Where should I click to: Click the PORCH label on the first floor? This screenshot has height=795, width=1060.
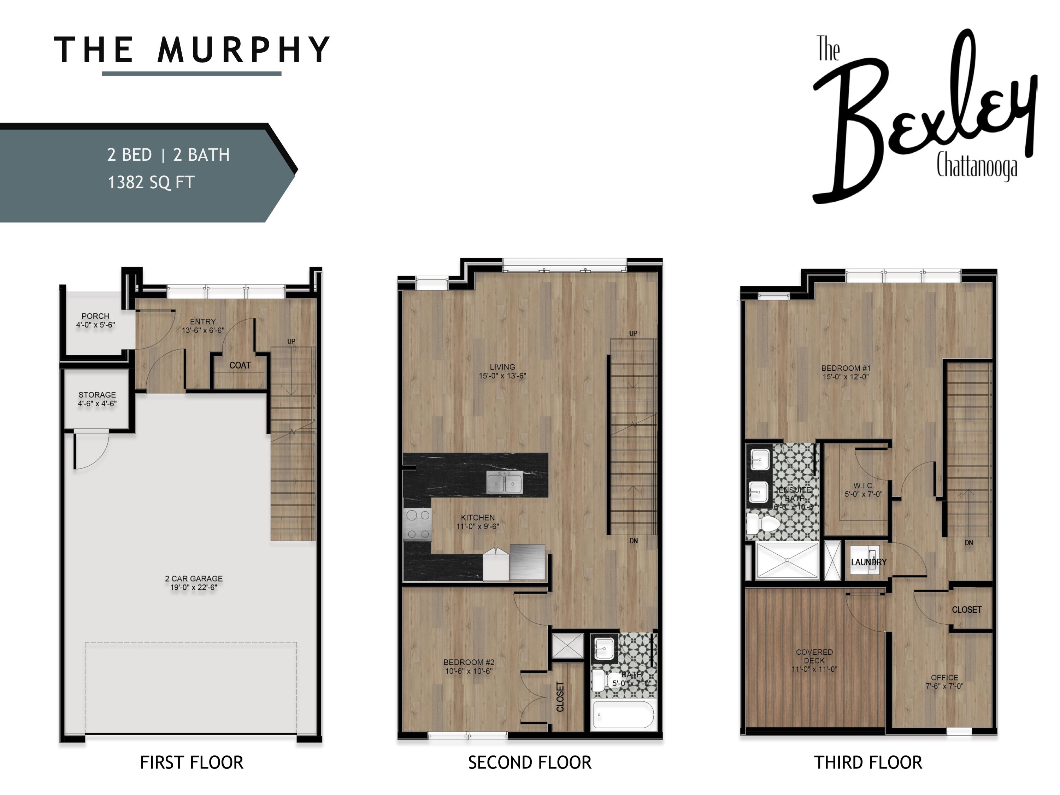point(95,316)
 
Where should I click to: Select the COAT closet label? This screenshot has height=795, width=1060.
point(240,365)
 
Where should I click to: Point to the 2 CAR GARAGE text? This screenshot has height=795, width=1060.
point(194,578)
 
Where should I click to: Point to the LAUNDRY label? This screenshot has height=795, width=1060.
point(868,562)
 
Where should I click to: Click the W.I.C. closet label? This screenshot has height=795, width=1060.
point(863,485)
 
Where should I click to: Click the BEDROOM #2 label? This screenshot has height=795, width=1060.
point(469,662)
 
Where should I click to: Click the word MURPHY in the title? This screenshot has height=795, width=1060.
point(243,50)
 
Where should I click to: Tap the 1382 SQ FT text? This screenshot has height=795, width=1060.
point(151,183)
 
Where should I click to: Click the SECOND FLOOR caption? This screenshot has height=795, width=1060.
point(530,762)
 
